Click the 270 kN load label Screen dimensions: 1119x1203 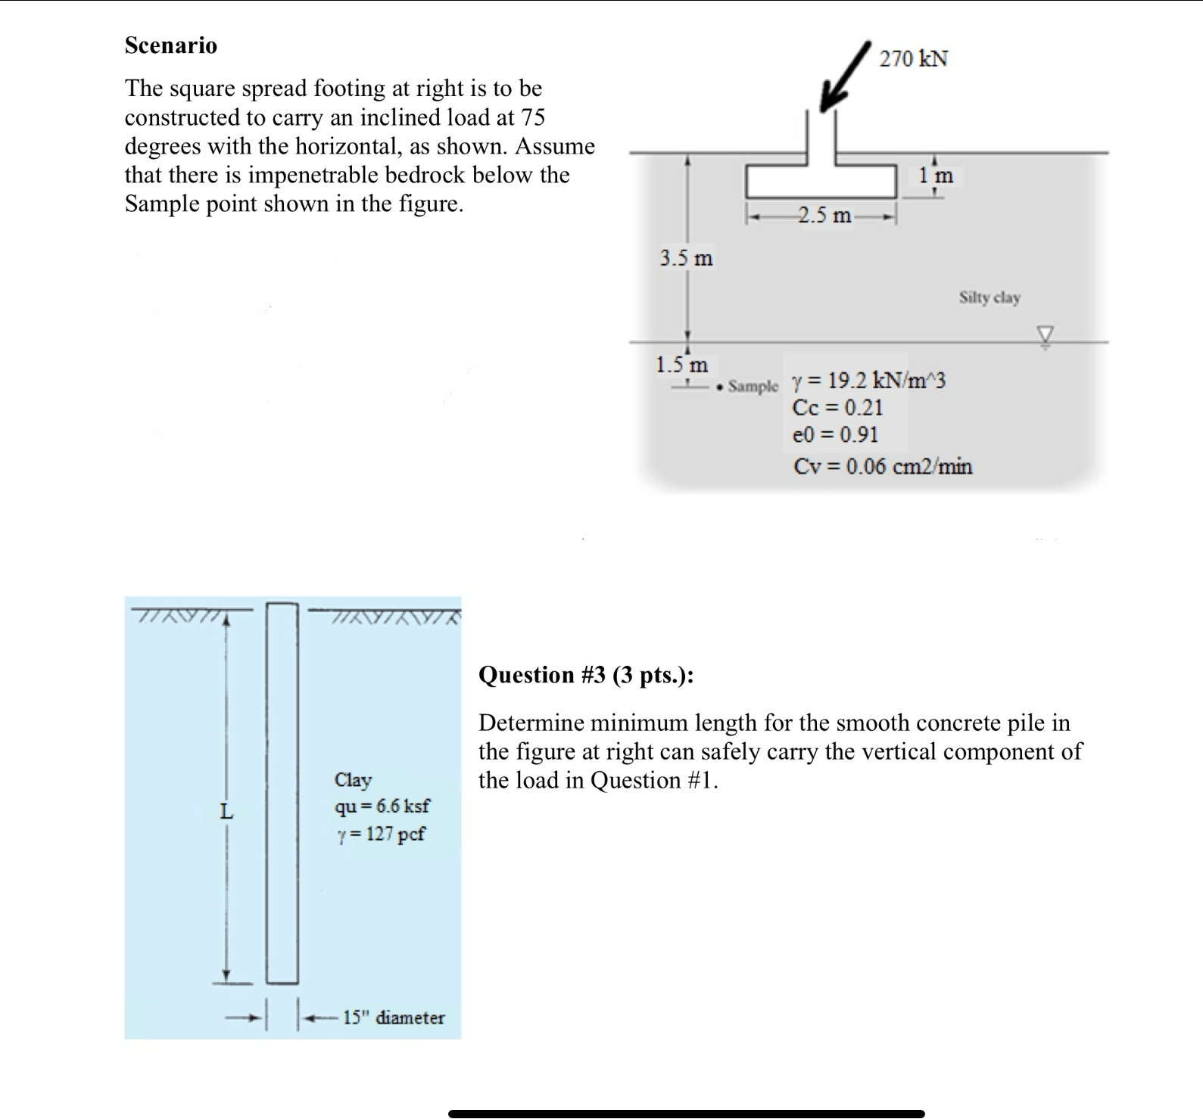(913, 58)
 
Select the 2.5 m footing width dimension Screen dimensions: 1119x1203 (823, 216)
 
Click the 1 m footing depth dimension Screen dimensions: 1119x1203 (937, 176)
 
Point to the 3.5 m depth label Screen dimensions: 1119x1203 (686, 258)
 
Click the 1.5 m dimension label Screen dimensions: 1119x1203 (681, 365)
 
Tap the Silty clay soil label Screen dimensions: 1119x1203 (990, 297)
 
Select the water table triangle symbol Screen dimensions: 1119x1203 (1045, 334)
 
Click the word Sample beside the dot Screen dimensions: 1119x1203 (753, 387)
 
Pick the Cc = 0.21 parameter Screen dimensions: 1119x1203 (837, 408)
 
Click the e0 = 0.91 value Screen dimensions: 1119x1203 (835, 435)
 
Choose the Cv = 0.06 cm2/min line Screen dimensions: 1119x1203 (883, 466)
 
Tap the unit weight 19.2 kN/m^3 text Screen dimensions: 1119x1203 (868, 380)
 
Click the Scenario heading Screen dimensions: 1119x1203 (171, 45)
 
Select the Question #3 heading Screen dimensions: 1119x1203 (586, 675)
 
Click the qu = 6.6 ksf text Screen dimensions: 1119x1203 (382, 806)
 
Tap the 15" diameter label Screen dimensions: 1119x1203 (394, 1018)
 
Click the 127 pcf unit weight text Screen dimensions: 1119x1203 (382, 834)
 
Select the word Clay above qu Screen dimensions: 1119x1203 (353, 779)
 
